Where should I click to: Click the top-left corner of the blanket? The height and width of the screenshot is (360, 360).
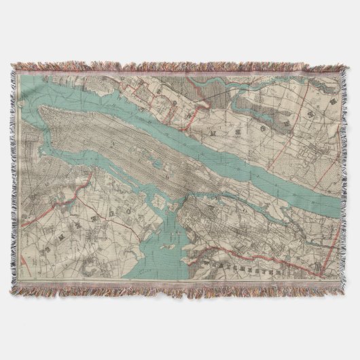(x=12, y=65)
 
